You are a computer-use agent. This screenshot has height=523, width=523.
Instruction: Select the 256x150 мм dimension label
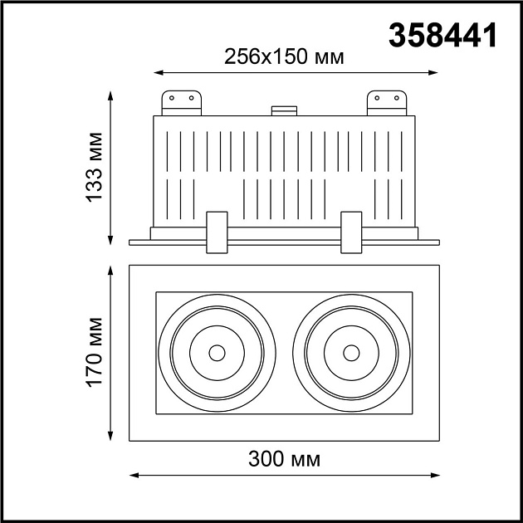click(284, 56)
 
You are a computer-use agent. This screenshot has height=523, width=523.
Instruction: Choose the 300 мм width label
click(284, 457)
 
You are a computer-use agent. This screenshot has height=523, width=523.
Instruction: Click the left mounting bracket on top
click(181, 102)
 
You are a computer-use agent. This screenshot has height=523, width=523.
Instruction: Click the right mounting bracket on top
click(387, 102)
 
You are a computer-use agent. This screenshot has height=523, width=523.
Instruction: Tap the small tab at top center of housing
click(284, 109)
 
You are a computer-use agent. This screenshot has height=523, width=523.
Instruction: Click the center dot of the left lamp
click(217, 353)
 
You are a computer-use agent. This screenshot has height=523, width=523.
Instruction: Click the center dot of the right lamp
click(352, 353)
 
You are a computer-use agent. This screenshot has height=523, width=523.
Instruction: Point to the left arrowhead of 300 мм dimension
click(134, 476)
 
